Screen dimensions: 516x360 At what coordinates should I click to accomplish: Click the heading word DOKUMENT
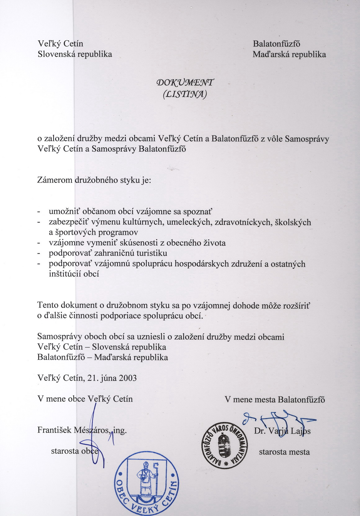186,83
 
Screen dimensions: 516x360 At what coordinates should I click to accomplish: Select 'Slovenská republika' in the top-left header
74,54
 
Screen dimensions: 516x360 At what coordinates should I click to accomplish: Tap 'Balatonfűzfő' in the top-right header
277,44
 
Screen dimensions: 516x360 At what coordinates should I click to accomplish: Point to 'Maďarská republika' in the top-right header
289,55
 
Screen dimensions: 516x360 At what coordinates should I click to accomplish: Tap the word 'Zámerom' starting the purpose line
55,180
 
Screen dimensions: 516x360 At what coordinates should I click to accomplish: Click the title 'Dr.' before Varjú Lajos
260,431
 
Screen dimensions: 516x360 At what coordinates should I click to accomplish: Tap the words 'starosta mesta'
284,452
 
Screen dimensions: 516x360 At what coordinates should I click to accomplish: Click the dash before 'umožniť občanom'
39,212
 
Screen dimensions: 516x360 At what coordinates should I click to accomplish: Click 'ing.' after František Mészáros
120,430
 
